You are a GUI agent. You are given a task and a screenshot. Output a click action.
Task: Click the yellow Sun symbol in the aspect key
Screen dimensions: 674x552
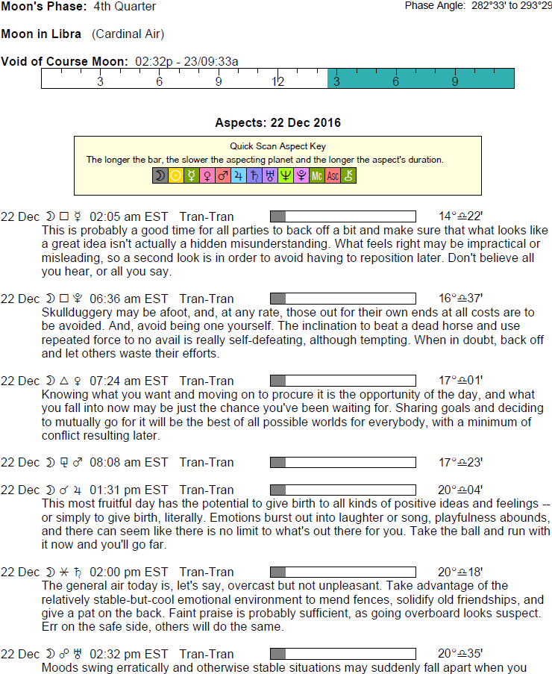tap(175, 175)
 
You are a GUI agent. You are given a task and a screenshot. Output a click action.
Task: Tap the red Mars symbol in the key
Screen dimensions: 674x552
tap(222, 175)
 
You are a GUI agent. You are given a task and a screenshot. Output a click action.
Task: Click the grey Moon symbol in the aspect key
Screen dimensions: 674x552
tap(160, 175)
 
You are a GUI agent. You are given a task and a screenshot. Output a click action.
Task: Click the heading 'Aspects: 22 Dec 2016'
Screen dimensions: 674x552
tap(277, 122)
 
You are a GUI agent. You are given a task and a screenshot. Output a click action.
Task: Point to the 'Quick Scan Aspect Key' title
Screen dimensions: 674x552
tap(277, 146)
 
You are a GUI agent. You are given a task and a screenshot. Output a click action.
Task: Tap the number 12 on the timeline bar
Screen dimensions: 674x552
tap(277, 81)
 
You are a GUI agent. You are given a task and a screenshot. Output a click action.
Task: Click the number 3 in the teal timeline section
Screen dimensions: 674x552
tap(336, 81)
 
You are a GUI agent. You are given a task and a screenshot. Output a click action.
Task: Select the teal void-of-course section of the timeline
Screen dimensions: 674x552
tap(421, 78)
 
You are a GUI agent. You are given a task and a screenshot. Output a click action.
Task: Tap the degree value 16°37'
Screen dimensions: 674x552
tap(460, 299)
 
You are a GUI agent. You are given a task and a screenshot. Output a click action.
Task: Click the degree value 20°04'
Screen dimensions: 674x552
tap(460, 490)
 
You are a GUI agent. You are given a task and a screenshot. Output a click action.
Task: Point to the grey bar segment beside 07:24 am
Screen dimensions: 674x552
tap(277, 381)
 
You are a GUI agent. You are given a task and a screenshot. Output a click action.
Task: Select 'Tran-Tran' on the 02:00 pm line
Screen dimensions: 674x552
tap(207, 572)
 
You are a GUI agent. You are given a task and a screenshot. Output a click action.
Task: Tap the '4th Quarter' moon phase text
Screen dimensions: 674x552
tap(125, 7)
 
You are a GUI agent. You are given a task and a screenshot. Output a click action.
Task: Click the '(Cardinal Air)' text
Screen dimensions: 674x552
tap(128, 34)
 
